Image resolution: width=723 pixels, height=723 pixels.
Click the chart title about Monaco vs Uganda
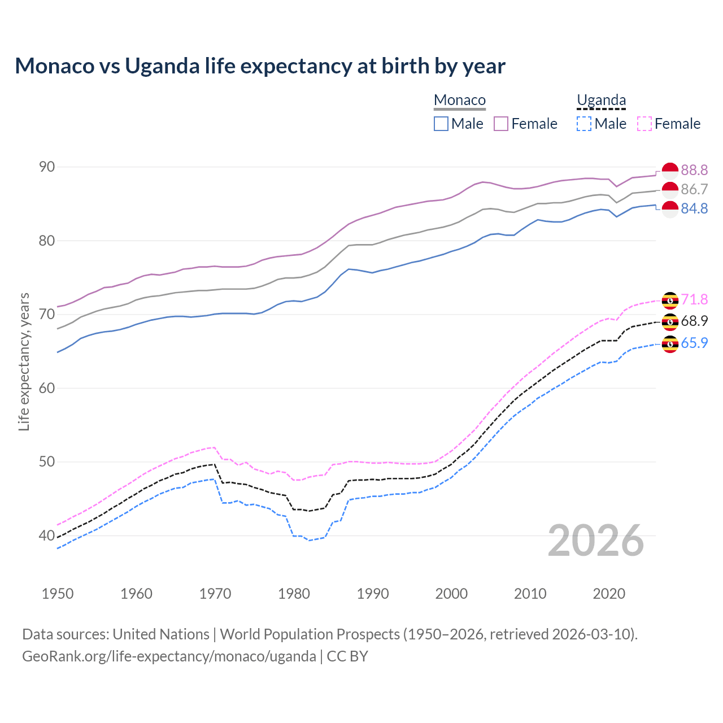[x=260, y=66]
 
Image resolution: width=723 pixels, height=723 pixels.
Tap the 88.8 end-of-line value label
[x=694, y=170]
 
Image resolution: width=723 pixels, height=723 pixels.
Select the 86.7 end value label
[x=694, y=189]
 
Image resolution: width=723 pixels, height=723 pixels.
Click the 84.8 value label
[x=694, y=208]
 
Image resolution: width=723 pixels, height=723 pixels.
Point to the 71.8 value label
[x=694, y=299]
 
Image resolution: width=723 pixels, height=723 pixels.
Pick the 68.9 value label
[x=694, y=321]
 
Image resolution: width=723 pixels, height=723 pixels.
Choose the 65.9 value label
[x=694, y=343]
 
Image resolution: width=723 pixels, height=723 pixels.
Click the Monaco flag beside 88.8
[x=670, y=170]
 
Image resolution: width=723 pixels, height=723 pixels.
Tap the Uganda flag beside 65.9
[x=670, y=343]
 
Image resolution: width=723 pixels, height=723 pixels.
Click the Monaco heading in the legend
[x=460, y=100]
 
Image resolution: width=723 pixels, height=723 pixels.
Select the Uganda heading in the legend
[x=601, y=100]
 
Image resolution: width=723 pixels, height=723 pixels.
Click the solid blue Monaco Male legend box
[x=441, y=124]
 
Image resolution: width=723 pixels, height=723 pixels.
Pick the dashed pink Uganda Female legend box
[x=644, y=124]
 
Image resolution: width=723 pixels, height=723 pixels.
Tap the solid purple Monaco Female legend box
[x=501, y=124]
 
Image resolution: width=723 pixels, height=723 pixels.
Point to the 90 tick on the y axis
[x=47, y=167]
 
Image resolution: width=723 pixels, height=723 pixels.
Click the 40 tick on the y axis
[x=47, y=535]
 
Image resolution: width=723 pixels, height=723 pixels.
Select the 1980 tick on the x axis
[x=294, y=594]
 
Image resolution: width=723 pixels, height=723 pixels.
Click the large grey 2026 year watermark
[x=596, y=541]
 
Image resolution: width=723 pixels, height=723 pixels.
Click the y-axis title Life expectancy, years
[x=24, y=361]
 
